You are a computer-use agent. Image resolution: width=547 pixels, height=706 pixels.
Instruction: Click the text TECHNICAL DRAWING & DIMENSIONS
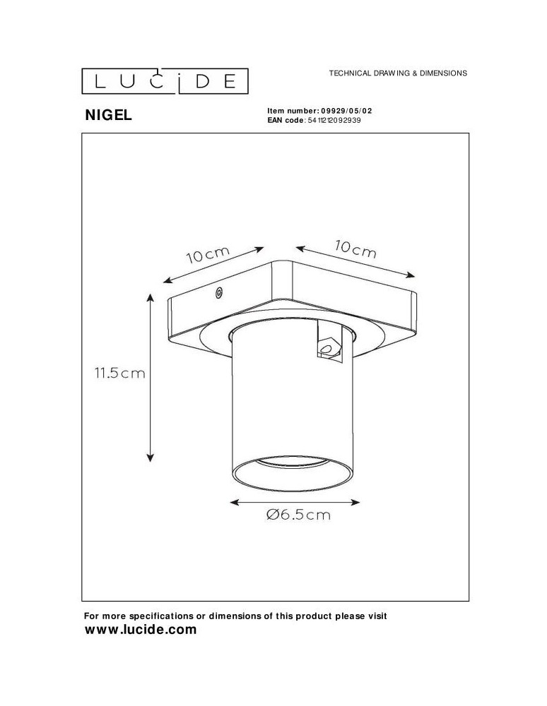[398, 73]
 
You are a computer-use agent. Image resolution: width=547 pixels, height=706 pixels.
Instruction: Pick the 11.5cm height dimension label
[119, 374]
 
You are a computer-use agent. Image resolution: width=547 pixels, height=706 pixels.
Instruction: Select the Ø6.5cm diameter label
[299, 515]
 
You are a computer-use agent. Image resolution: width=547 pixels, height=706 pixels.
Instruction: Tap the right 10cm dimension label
[355, 249]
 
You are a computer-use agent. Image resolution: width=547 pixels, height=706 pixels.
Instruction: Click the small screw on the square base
[219, 292]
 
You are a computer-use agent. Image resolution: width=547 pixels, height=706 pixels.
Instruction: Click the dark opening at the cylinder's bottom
[293, 471]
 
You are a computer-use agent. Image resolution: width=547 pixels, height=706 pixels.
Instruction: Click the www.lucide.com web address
[140, 630]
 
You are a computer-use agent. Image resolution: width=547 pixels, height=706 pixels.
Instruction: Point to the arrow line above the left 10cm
[213, 265]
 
